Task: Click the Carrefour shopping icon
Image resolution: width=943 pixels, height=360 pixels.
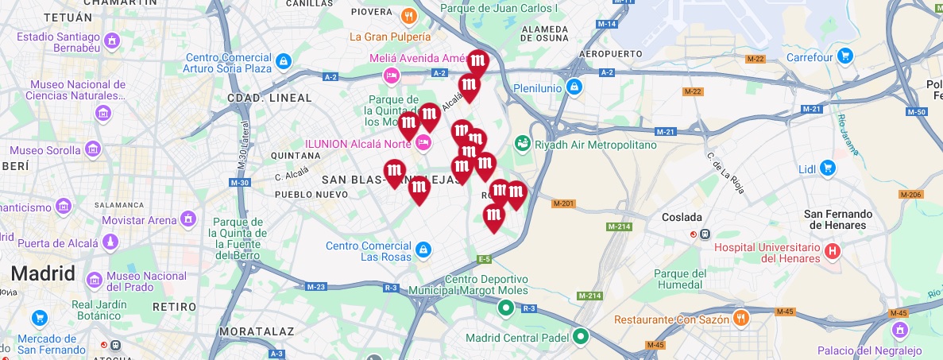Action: [845, 56]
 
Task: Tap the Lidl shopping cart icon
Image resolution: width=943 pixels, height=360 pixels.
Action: [828, 168]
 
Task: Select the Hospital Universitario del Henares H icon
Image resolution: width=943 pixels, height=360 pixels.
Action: [832, 252]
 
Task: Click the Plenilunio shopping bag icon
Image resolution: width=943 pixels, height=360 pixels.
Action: [574, 87]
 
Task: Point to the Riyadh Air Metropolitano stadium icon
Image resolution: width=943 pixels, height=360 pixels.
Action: [522, 144]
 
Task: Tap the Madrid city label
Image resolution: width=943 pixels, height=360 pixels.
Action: [43, 274]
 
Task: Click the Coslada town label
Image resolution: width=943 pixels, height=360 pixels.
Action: [682, 217]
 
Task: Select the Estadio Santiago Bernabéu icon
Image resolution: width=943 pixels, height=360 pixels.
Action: [112, 39]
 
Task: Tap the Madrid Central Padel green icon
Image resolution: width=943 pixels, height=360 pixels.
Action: [581, 336]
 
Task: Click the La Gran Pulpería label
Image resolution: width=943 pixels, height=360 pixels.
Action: [390, 37]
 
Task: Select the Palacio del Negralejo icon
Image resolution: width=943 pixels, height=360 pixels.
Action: [900, 329]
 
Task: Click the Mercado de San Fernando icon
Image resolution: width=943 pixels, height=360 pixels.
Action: [40, 319]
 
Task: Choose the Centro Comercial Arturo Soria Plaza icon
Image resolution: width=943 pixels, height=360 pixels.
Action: [284, 60]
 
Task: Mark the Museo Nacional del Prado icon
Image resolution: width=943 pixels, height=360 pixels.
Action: [95, 280]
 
